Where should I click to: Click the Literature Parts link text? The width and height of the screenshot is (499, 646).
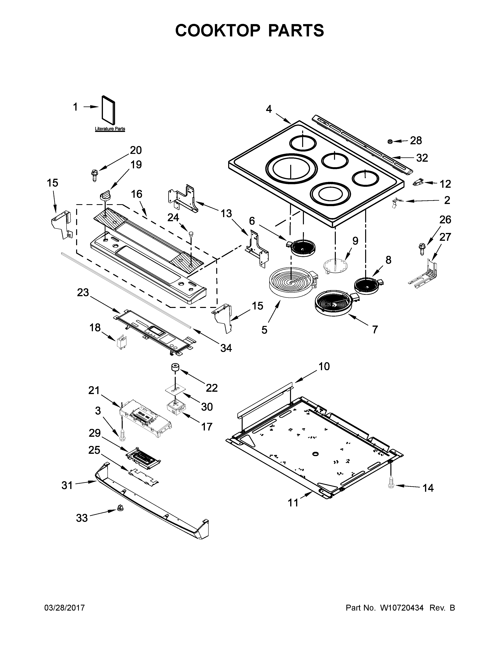(x=110, y=129)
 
